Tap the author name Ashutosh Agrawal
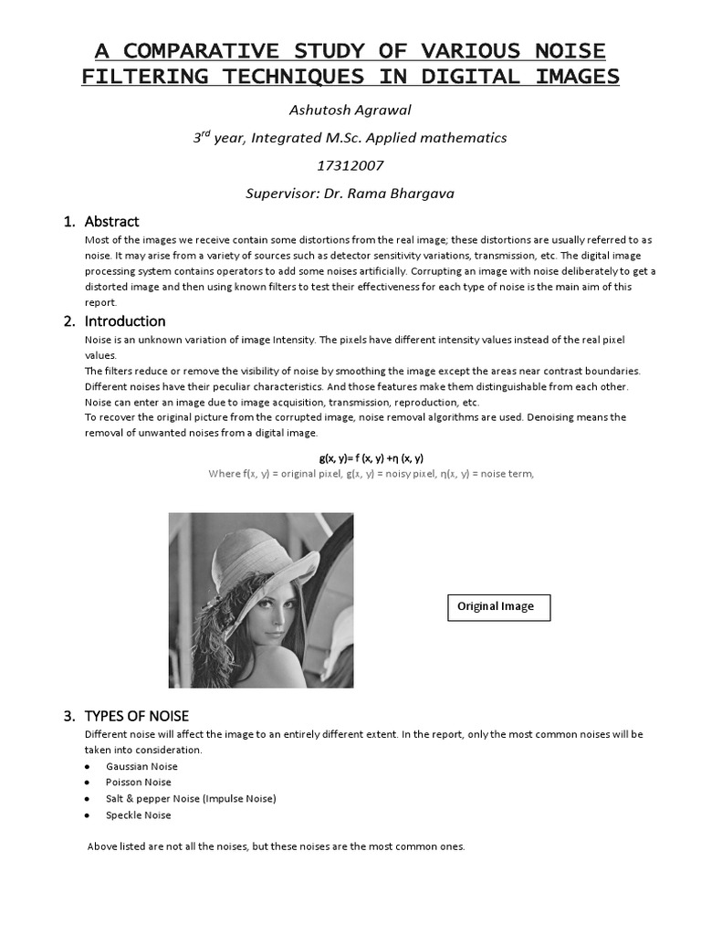350,110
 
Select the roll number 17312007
350,165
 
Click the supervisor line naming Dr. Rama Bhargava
350,193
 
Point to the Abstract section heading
111,221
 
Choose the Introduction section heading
125,321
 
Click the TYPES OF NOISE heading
136,715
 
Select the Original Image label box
498,606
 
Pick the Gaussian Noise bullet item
141,766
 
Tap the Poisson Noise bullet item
138,783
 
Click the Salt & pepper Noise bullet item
190,799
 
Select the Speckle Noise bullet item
138,815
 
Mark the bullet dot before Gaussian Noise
87,767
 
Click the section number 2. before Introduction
68,321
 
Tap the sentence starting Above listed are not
276,846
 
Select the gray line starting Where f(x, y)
371,473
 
